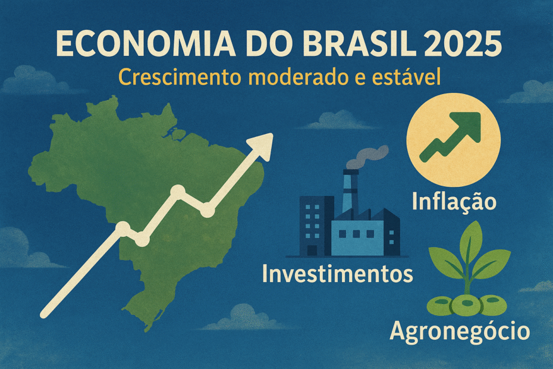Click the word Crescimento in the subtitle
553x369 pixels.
tap(171, 78)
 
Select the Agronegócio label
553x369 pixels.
tap(459, 331)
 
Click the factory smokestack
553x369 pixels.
tap(350, 190)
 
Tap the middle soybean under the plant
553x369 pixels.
tap(466, 305)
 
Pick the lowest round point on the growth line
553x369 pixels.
tap(142, 240)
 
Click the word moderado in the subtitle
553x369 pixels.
tap(290, 78)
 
